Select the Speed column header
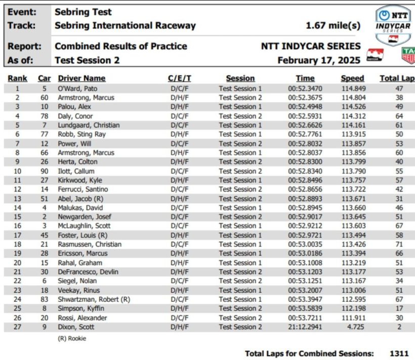pyautogui.click(x=352, y=78)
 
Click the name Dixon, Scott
pyautogui.click(x=76, y=327)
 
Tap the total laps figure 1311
pyautogui.click(x=399, y=353)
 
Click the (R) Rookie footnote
pyautogui.click(x=72, y=339)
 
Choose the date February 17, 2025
pyautogui.click(x=319, y=61)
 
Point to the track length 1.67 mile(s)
pyautogui.click(x=333, y=25)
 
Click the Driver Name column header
pyautogui.click(x=81, y=78)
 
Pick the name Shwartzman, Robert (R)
pyautogui.click(x=94, y=299)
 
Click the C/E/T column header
pyautogui.click(x=180, y=78)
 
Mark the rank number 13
pyautogui.click(x=17, y=198)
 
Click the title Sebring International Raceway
pyautogui.click(x=125, y=25)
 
